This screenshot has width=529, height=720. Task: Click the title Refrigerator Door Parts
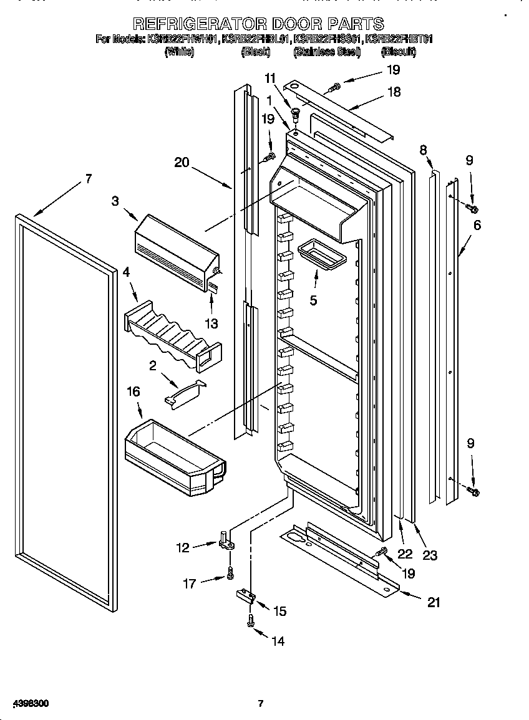point(258,24)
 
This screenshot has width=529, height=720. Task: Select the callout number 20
point(182,162)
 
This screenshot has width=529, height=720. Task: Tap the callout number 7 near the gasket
point(88,179)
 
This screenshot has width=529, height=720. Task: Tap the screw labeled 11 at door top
point(295,115)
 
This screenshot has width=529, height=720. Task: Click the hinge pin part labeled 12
point(226,540)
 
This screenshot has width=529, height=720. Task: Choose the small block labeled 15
point(246,596)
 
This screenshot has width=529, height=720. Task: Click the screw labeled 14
point(251,622)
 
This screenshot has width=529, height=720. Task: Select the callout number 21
point(434,602)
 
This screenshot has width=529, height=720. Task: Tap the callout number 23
point(430,555)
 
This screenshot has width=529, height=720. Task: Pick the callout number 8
point(423,150)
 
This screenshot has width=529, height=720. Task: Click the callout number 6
point(477,225)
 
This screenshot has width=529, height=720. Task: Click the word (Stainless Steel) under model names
point(327,52)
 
